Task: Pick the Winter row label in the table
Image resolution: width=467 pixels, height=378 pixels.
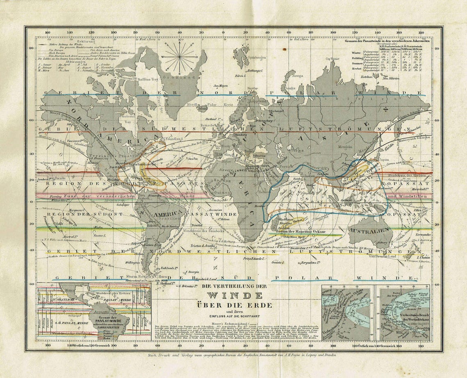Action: (x=357, y=53)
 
